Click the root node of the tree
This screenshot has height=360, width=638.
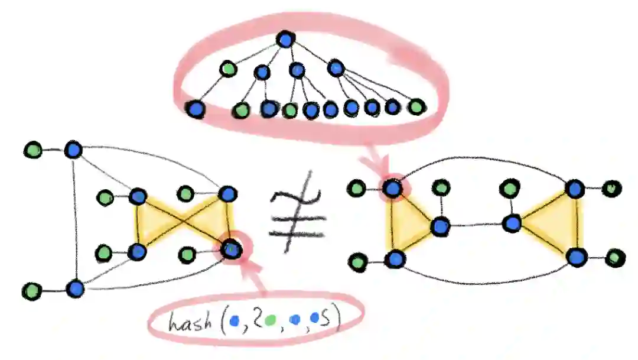coord(285,40)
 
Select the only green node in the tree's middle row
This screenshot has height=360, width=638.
coord(228,70)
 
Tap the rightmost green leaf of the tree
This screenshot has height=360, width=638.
coord(416,107)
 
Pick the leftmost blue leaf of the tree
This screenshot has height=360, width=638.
coord(195,109)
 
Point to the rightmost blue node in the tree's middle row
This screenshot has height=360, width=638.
coord(336,69)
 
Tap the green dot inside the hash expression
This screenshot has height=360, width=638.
coord(271,321)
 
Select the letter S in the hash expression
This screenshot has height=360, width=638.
coord(334,319)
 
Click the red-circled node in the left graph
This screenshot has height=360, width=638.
coord(231,249)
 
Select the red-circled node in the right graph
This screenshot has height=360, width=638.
coord(392,188)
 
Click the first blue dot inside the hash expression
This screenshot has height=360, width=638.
coord(236,321)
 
